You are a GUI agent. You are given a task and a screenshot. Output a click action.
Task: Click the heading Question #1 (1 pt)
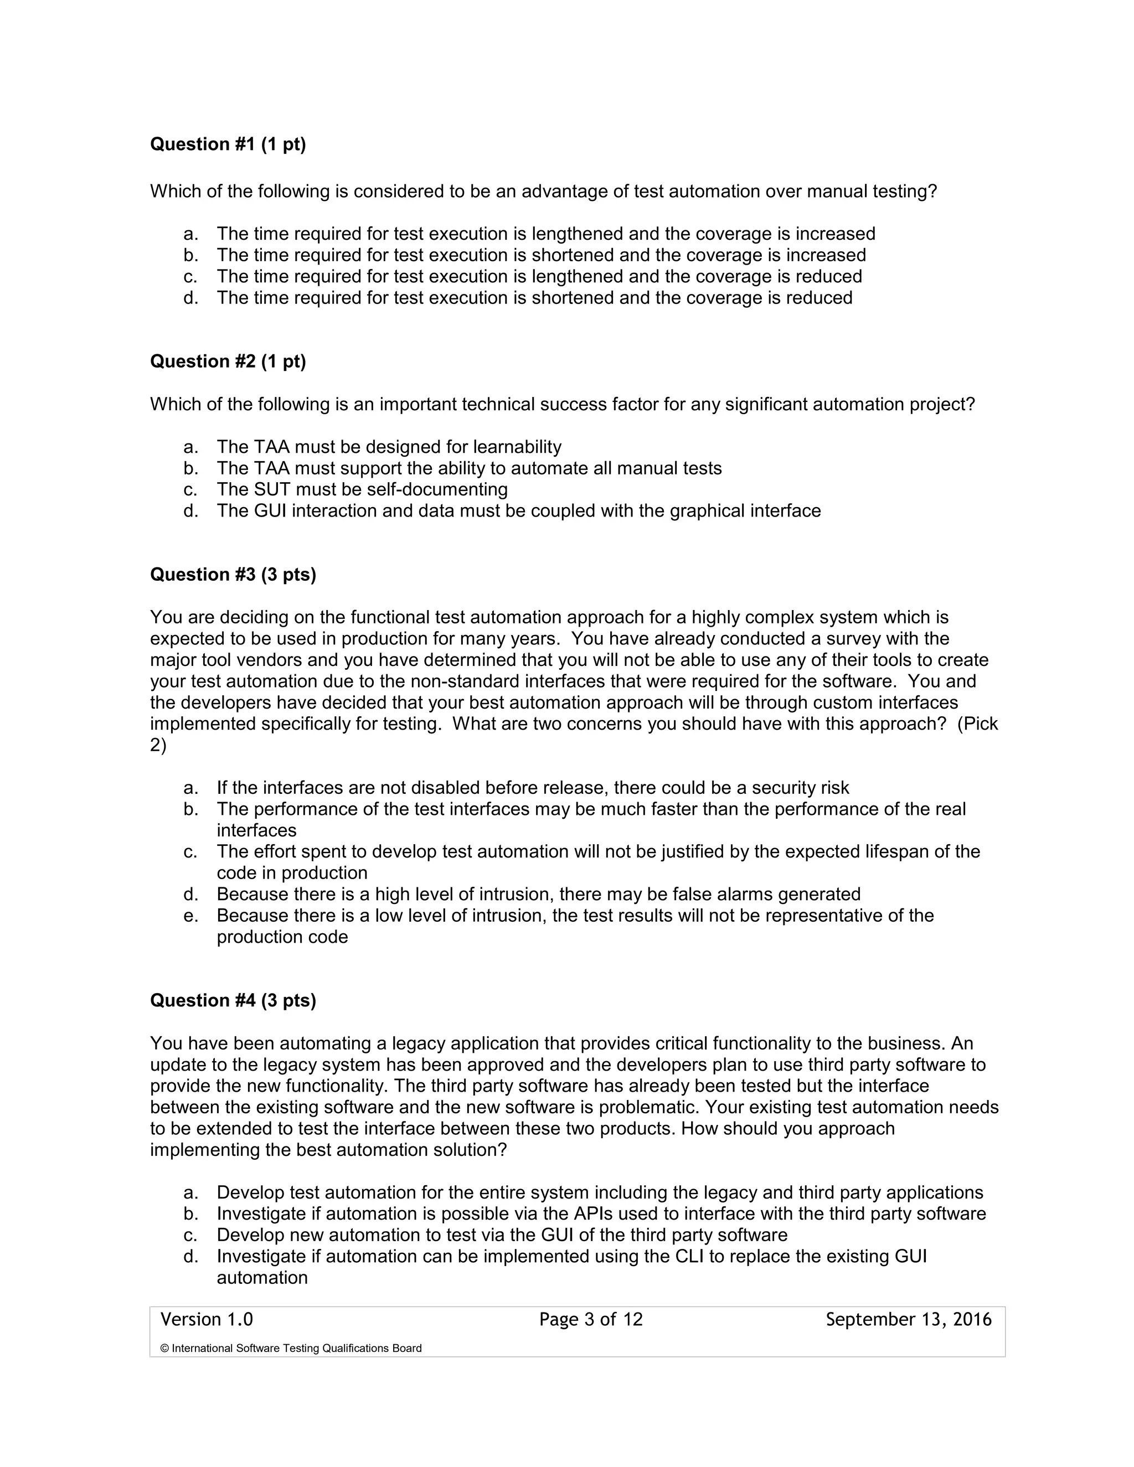coord(228,144)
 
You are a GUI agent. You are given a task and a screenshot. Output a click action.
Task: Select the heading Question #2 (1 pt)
coord(228,361)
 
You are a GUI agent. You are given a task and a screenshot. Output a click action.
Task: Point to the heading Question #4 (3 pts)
coord(233,1000)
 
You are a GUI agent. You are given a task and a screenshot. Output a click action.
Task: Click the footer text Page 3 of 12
coord(590,1319)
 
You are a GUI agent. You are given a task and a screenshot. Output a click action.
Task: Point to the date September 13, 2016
coord(908,1319)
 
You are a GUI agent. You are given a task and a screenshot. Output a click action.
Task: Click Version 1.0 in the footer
coord(206,1319)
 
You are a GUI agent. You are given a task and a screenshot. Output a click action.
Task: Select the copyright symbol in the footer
coord(164,1348)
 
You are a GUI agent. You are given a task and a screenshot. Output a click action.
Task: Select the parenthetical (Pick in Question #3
coord(977,724)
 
